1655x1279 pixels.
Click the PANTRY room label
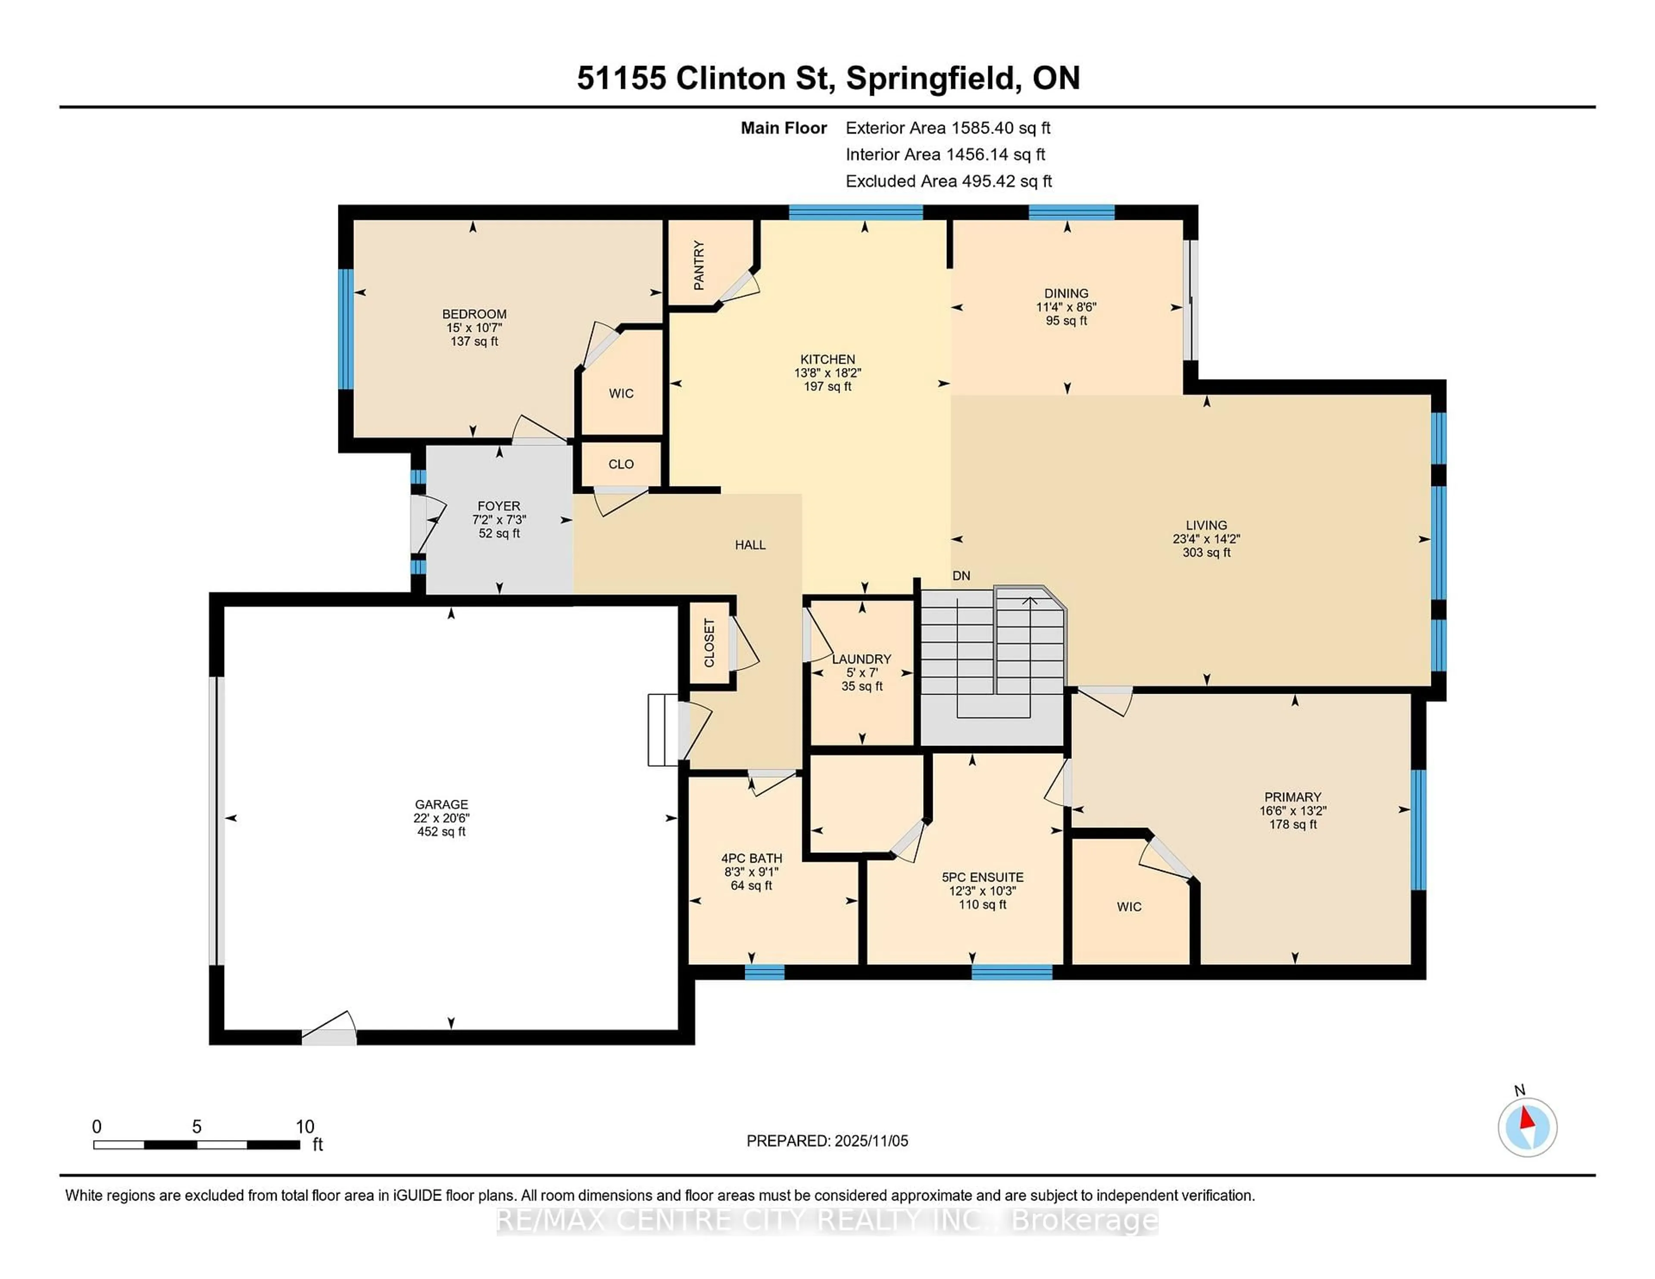(699, 265)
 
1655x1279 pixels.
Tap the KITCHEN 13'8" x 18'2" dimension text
(827, 373)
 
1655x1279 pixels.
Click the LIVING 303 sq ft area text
(1206, 552)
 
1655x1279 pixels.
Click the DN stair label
(961, 576)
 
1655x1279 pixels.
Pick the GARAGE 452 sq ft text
(441, 831)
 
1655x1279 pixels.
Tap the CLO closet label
(621, 464)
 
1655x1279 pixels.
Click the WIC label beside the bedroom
(621, 393)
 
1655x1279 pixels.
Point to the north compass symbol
(1527, 1127)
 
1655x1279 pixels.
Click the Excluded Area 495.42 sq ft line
(948, 181)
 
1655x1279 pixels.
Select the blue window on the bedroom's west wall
(346, 329)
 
